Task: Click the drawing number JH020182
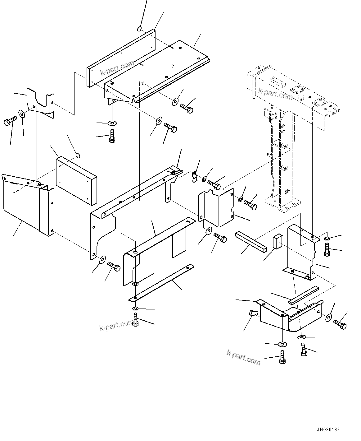pyautogui.click(x=328, y=429)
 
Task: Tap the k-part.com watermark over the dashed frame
pyautogui.click(x=275, y=94)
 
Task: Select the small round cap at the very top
pyautogui.click(x=139, y=29)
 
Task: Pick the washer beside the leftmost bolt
pyautogui.click(x=22, y=114)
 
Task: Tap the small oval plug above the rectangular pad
pyautogui.click(x=78, y=155)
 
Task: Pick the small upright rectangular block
pyautogui.click(x=277, y=241)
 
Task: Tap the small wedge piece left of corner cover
pyautogui.click(x=253, y=313)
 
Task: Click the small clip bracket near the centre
pyautogui.click(x=195, y=176)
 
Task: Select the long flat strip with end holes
pyautogui.click(x=161, y=283)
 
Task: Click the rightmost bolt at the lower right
pyautogui.click(x=340, y=324)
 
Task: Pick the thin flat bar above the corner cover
pyautogui.click(x=304, y=294)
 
